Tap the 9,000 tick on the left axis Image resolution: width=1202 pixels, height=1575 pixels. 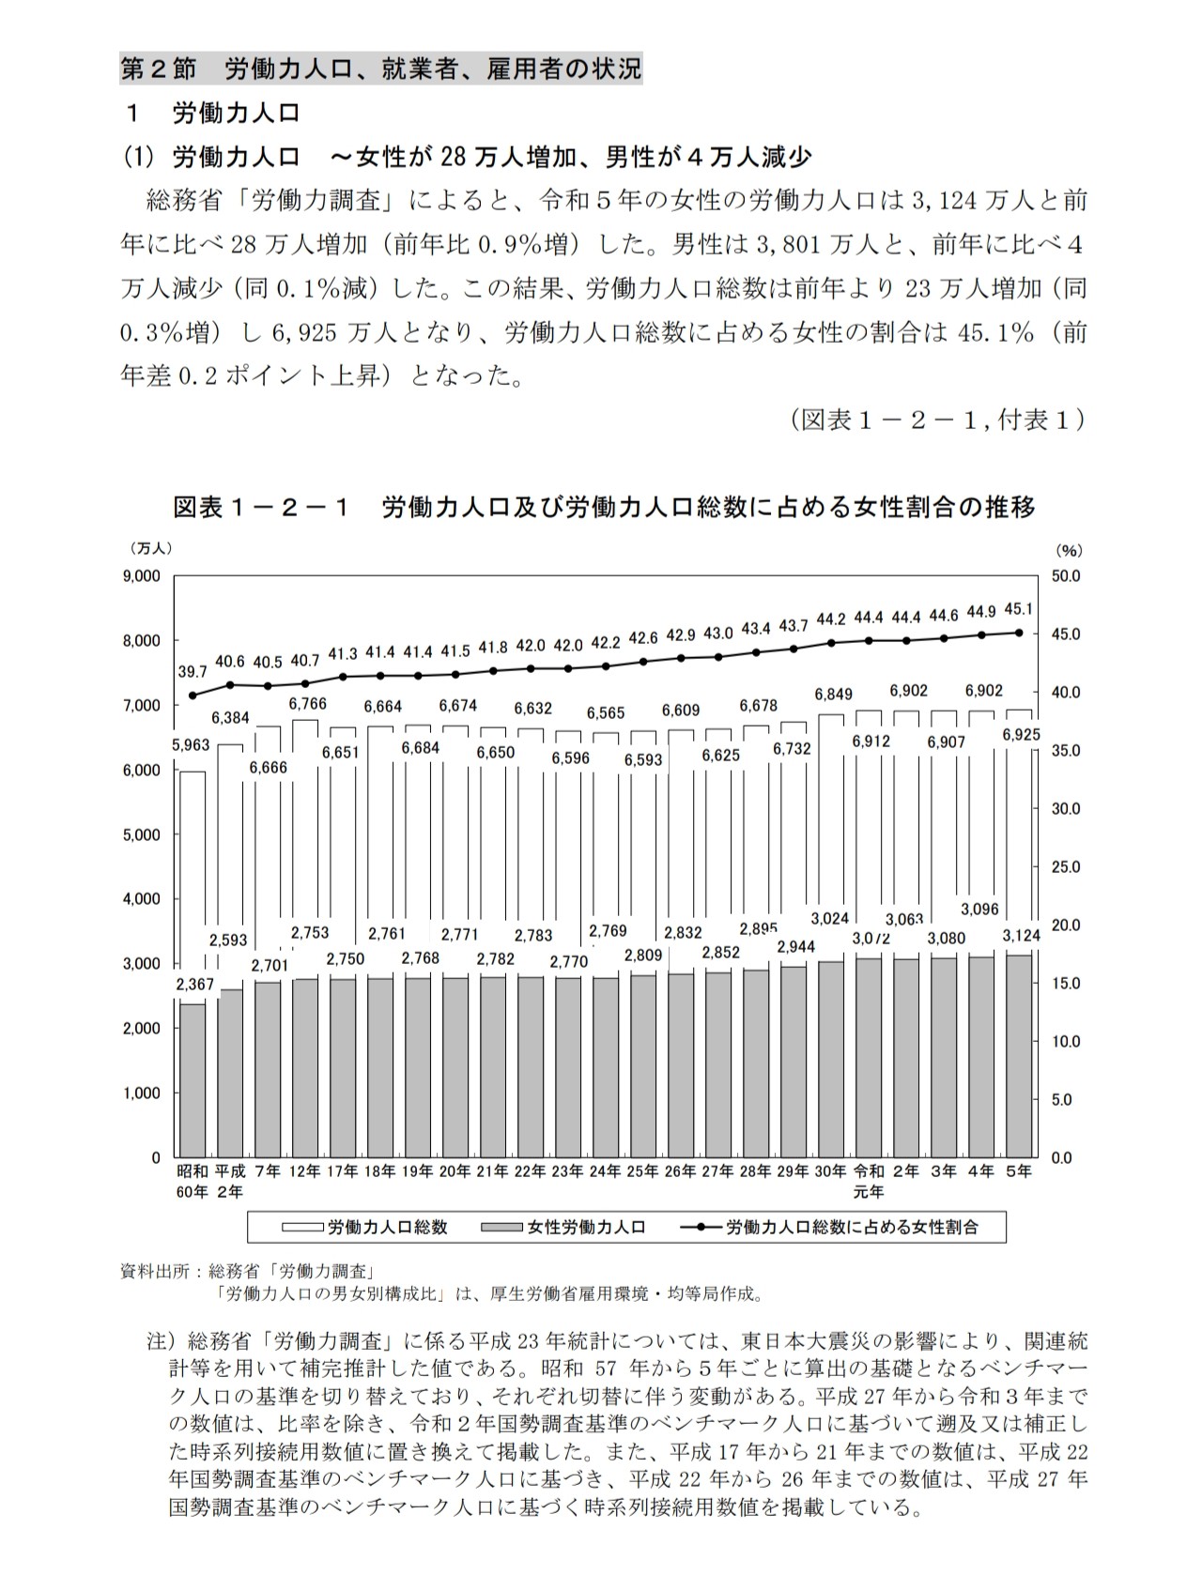[142, 575]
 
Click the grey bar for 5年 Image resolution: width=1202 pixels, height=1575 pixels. [1019, 1056]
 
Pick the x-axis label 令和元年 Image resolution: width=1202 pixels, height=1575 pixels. [869, 1181]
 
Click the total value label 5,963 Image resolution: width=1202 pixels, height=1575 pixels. [192, 746]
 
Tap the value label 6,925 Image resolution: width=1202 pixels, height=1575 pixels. [1021, 735]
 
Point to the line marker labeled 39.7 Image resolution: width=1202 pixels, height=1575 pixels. [193, 696]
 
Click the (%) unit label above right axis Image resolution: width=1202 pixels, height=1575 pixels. [1069, 550]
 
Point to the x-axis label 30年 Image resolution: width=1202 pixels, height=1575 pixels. [830, 1171]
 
